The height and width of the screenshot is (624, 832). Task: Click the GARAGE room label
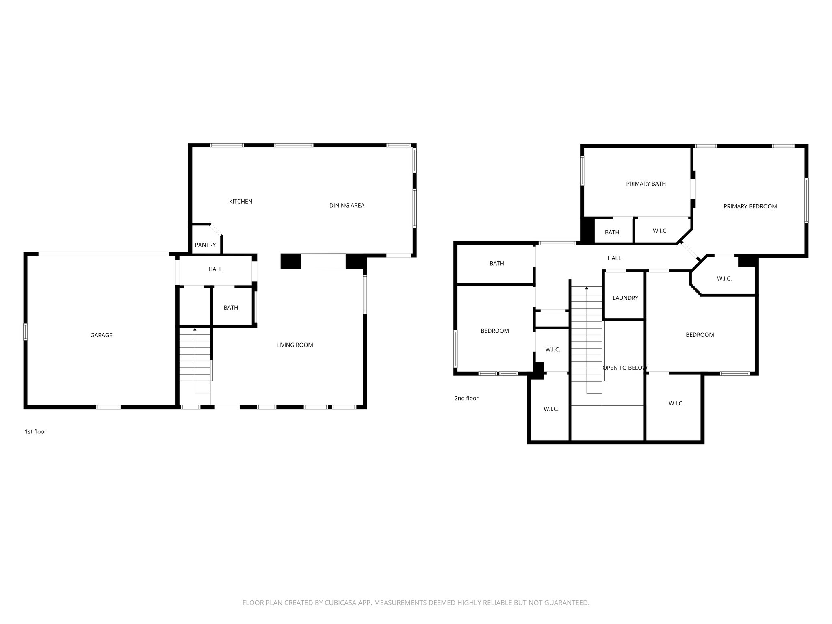[101, 335]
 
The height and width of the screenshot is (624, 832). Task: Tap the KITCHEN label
[240, 201]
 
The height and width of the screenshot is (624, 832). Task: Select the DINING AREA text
[347, 206]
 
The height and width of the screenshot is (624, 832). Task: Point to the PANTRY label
[205, 245]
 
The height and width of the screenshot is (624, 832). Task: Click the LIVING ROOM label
[295, 345]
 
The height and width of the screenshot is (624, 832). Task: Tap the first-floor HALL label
[215, 269]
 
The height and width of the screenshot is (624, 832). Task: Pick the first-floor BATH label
[231, 308]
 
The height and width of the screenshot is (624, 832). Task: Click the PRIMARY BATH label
[646, 184]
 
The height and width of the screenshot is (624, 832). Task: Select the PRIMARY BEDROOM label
[750, 206]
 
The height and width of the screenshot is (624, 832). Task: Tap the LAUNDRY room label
[625, 298]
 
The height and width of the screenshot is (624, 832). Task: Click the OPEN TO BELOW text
[624, 368]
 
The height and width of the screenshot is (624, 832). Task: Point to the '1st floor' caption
[35, 432]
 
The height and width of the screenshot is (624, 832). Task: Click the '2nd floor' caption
[466, 398]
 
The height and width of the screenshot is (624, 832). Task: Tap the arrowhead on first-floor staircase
[195, 329]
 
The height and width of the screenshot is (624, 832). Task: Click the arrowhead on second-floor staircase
[587, 288]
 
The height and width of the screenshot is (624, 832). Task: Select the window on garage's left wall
[25, 332]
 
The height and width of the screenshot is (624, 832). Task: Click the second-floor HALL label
[614, 258]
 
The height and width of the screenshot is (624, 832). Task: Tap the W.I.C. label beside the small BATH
[660, 231]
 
